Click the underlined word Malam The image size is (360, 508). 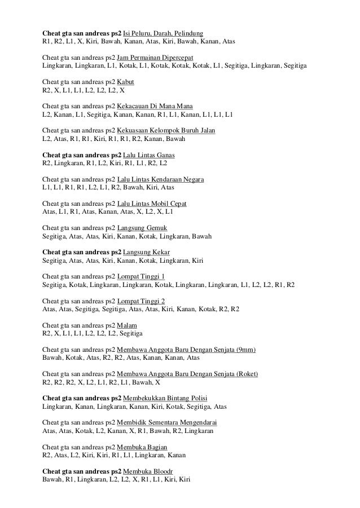click(126, 325)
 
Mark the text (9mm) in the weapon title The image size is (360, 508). click(246, 350)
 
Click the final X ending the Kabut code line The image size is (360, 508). click(122, 90)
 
